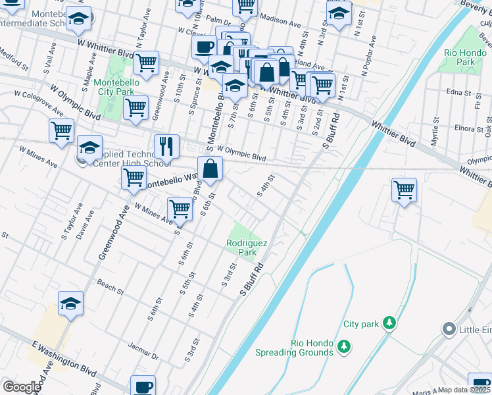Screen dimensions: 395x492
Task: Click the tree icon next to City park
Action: tap(390, 323)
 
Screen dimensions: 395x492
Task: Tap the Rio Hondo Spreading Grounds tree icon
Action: tap(343, 346)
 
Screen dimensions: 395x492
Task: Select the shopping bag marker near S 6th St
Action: tap(210, 169)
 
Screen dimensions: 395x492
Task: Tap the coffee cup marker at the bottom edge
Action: tap(143, 386)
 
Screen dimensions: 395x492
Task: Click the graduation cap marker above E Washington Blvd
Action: tap(70, 303)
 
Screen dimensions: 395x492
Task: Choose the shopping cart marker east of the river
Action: tap(404, 191)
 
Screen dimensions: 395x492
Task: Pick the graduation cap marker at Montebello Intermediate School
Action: tap(79, 21)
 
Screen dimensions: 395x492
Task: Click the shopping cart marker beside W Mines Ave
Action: tap(180, 209)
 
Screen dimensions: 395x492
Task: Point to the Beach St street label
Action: tap(111, 288)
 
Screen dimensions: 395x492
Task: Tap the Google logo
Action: tap(22, 387)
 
